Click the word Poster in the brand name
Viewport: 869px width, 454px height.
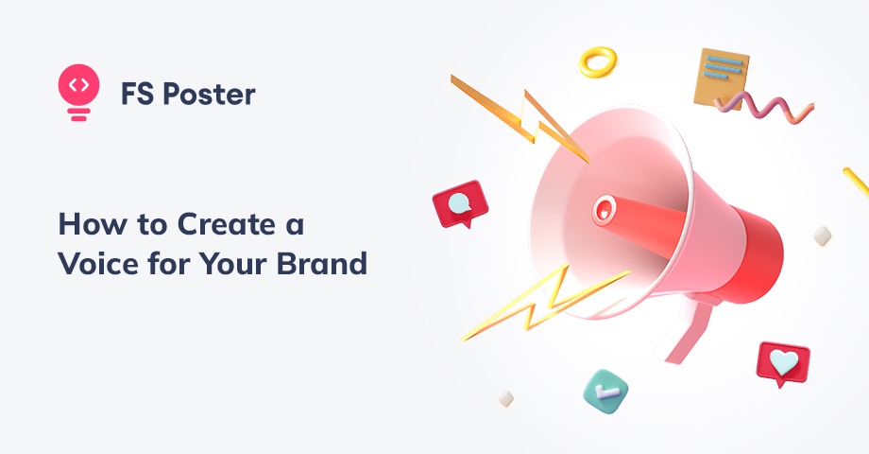coord(210,94)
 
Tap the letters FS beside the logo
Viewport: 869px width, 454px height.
coord(138,94)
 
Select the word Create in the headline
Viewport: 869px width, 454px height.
coord(226,225)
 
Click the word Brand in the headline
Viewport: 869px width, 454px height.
coord(322,263)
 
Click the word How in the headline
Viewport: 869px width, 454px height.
coord(93,225)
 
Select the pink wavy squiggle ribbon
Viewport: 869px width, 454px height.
coord(764,107)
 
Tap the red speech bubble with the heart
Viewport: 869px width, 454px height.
coord(783,363)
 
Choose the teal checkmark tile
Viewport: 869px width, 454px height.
coord(605,392)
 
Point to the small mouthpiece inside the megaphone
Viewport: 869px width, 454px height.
coord(604,210)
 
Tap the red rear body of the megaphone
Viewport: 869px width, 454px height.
coord(755,253)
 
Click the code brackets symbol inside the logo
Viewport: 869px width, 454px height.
coord(78,85)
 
